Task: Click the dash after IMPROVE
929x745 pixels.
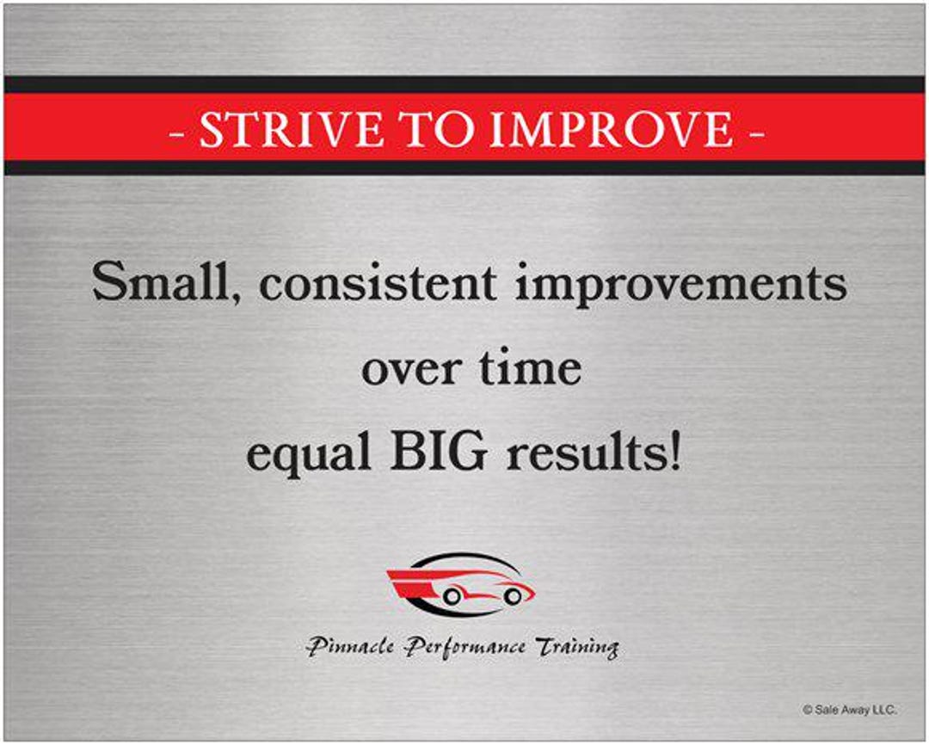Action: (x=756, y=131)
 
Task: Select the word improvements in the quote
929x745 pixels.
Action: (x=681, y=283)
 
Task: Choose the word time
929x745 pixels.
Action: (x=531, y=367)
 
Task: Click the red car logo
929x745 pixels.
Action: (x=461, y=585)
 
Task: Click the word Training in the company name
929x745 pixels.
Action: (x=576, y=646)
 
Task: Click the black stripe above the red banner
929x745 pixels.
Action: (x=464, y=84)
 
